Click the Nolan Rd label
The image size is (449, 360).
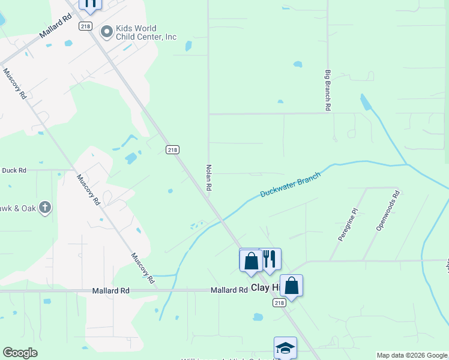pos(209,178)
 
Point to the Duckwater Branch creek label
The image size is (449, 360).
pos(291,185)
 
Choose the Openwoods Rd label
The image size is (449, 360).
pos(387,211)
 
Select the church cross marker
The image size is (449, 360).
pos(44,208)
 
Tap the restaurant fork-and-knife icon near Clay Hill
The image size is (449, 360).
pos(270,259)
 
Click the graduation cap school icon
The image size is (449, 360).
pos(285,347)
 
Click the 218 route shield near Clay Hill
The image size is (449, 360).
pos(279,303)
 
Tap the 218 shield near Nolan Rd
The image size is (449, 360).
pos(172,149)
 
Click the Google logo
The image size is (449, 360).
pos(20,353)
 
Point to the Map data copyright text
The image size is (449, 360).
pos(412,355)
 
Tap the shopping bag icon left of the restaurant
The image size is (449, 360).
pos(251,260)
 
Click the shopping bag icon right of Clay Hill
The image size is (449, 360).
pos(291,286)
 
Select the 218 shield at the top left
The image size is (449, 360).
pos(85,26)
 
